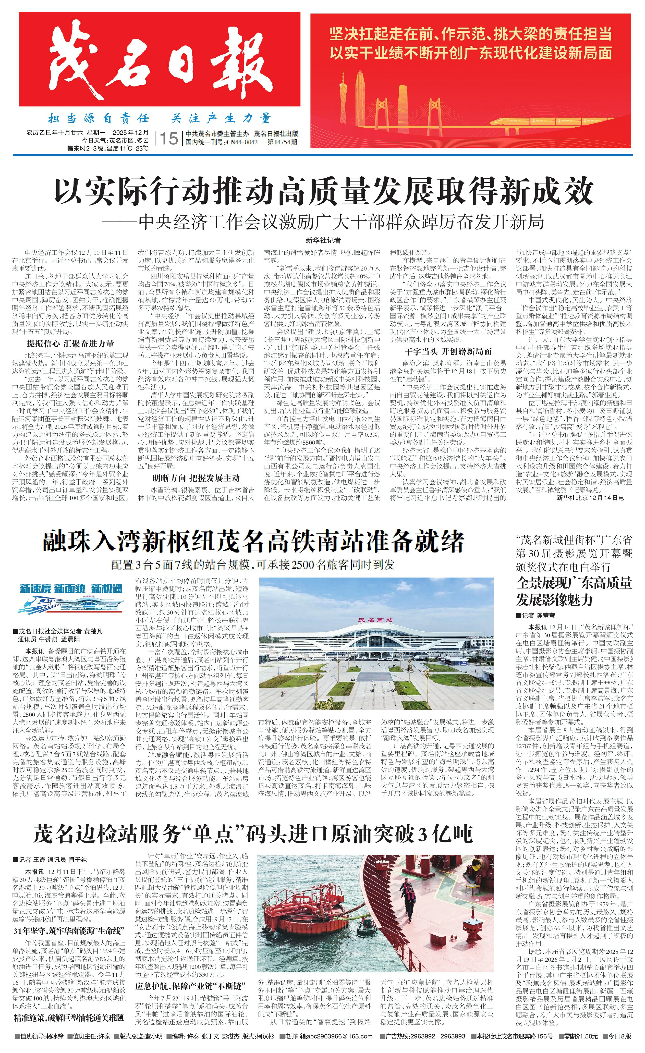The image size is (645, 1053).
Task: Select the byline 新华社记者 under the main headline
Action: pos(323,241)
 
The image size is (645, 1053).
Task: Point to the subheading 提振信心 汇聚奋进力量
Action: pos(70,344)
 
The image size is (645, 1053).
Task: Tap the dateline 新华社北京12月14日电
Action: pos(590,497)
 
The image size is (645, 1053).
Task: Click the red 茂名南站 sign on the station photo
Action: pos(369,619)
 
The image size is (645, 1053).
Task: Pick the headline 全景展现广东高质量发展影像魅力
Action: pos(574,592)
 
